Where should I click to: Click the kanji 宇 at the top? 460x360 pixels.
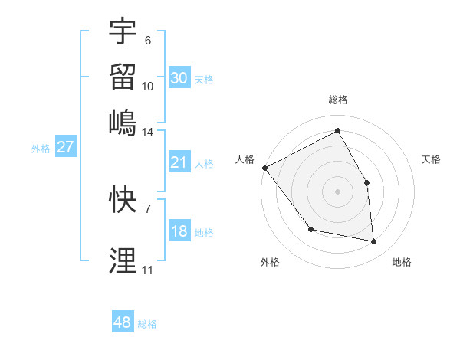[x=123, y=31]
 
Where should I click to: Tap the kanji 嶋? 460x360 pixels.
[x=123, y=121]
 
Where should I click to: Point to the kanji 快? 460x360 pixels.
[x=123, y=199]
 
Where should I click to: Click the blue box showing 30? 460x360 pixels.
[x=179, y=78]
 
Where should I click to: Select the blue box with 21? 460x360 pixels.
[x=179, y=162]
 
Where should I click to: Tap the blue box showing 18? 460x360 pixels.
[x=179, y=231]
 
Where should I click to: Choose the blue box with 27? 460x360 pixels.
[x=65, y=147]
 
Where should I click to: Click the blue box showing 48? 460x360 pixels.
[x=122, y=322]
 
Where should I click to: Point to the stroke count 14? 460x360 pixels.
[x=147, y=133]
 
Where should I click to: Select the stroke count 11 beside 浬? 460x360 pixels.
[x=147, y=270]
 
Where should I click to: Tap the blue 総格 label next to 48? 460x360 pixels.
[x=147, y=324]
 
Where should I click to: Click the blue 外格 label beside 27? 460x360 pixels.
[x=41, y=149]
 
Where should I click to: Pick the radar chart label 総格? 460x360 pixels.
[x=338, y=100]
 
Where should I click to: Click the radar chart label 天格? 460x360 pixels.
[x=432, y=159]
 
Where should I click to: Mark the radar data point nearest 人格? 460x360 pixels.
[x=264, y=168]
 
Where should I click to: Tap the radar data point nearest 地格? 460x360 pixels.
[x=374, y=241]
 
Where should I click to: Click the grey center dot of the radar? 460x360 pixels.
[x=338, y=191]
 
